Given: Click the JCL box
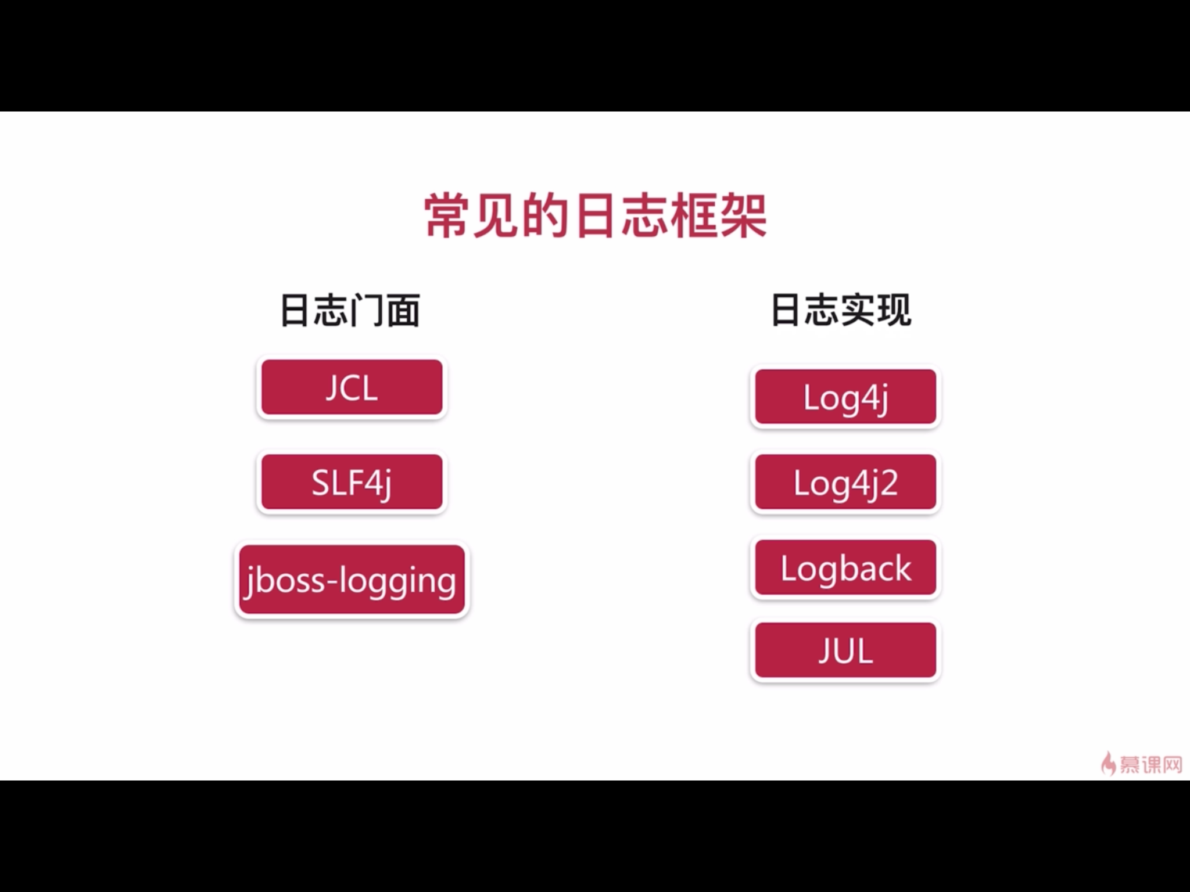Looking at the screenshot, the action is click(352, 387).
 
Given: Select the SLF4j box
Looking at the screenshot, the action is click(352, 482).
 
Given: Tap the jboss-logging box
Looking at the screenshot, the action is click(352, 580).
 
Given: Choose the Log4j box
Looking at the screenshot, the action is click(845, 397).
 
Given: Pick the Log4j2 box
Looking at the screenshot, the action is click(845, 483).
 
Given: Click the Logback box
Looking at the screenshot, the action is click(845, 567).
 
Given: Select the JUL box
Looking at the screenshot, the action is click(845, 650).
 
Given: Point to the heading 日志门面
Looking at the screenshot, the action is click(350, 311).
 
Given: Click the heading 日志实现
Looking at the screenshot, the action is click(841, 311).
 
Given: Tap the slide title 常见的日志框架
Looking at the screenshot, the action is click(596, 216).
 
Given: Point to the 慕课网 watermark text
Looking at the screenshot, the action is click(1150, 764).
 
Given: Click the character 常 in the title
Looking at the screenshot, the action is click(447, 216).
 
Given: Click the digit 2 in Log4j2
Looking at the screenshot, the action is click(888, 483).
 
